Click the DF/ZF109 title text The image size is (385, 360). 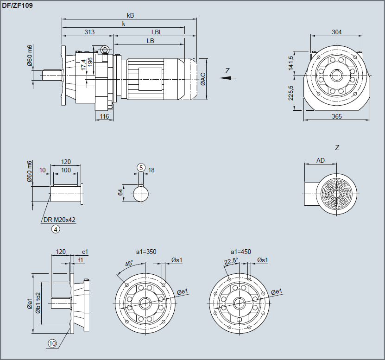(x=17, y=6)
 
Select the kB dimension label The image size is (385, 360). (x=130, y=15)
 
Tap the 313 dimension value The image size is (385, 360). (x=89, y=32)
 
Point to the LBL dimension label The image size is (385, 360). (x=157, y=32)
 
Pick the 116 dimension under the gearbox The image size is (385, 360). (x=104, y=116)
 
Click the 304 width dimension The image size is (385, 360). (x=337, y=32)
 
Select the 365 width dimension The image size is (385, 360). (x=337, y=116)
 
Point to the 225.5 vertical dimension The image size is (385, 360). (x=290, y=93)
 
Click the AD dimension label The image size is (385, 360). (x=320, y=160)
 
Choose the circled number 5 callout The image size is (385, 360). (x=141, y=167)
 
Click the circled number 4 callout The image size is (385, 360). (x=56, y=228)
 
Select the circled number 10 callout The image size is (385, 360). (x=52, y=343)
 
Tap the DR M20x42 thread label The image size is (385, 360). (x=59, y=220)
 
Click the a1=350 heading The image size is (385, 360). (x=146, y=252)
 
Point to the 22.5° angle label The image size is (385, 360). (x=230, y=261)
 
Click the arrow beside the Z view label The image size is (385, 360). (x=225, y=78)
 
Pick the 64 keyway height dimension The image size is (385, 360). (x=121, y=192)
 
